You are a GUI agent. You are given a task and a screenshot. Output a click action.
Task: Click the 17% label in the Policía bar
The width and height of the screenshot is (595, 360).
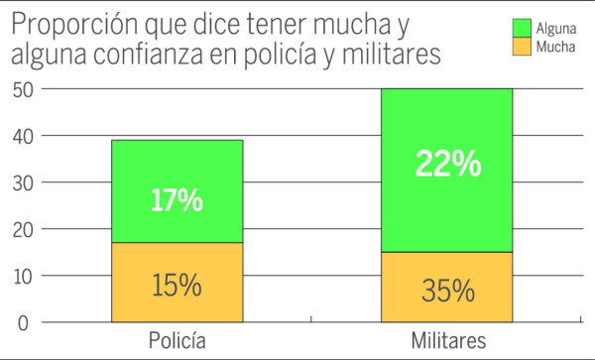click(178, 201)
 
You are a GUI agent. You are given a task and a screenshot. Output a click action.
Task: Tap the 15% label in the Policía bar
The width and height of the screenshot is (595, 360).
click(178, 286)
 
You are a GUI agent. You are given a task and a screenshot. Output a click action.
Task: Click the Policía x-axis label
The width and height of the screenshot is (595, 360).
click(178, 341)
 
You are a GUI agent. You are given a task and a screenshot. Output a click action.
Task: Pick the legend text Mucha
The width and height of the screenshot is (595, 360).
click(552, 47)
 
